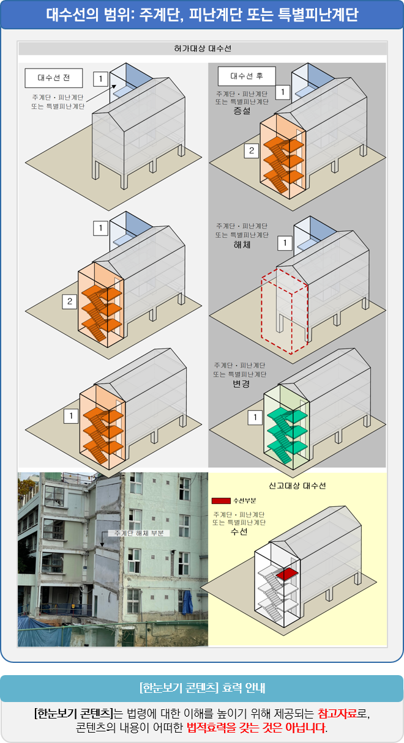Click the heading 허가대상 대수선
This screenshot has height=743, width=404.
(203, 48)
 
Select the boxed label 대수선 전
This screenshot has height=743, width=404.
(53, 78)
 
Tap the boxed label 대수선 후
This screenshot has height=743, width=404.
(247, 76)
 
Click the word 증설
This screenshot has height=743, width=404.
(242, 111)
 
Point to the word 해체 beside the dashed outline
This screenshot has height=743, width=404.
(242, 243)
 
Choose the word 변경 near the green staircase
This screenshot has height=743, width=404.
(241, 383)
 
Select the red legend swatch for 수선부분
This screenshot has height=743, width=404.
(221, 501)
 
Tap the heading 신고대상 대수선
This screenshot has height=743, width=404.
(297, 486)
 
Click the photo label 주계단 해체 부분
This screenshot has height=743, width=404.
(139, 533)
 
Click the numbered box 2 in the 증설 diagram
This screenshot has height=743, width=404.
(251, 151)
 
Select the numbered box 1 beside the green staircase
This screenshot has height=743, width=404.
(254, 418)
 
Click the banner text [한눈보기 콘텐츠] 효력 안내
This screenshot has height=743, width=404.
(202, 687)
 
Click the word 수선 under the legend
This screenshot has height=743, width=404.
(239, 532)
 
